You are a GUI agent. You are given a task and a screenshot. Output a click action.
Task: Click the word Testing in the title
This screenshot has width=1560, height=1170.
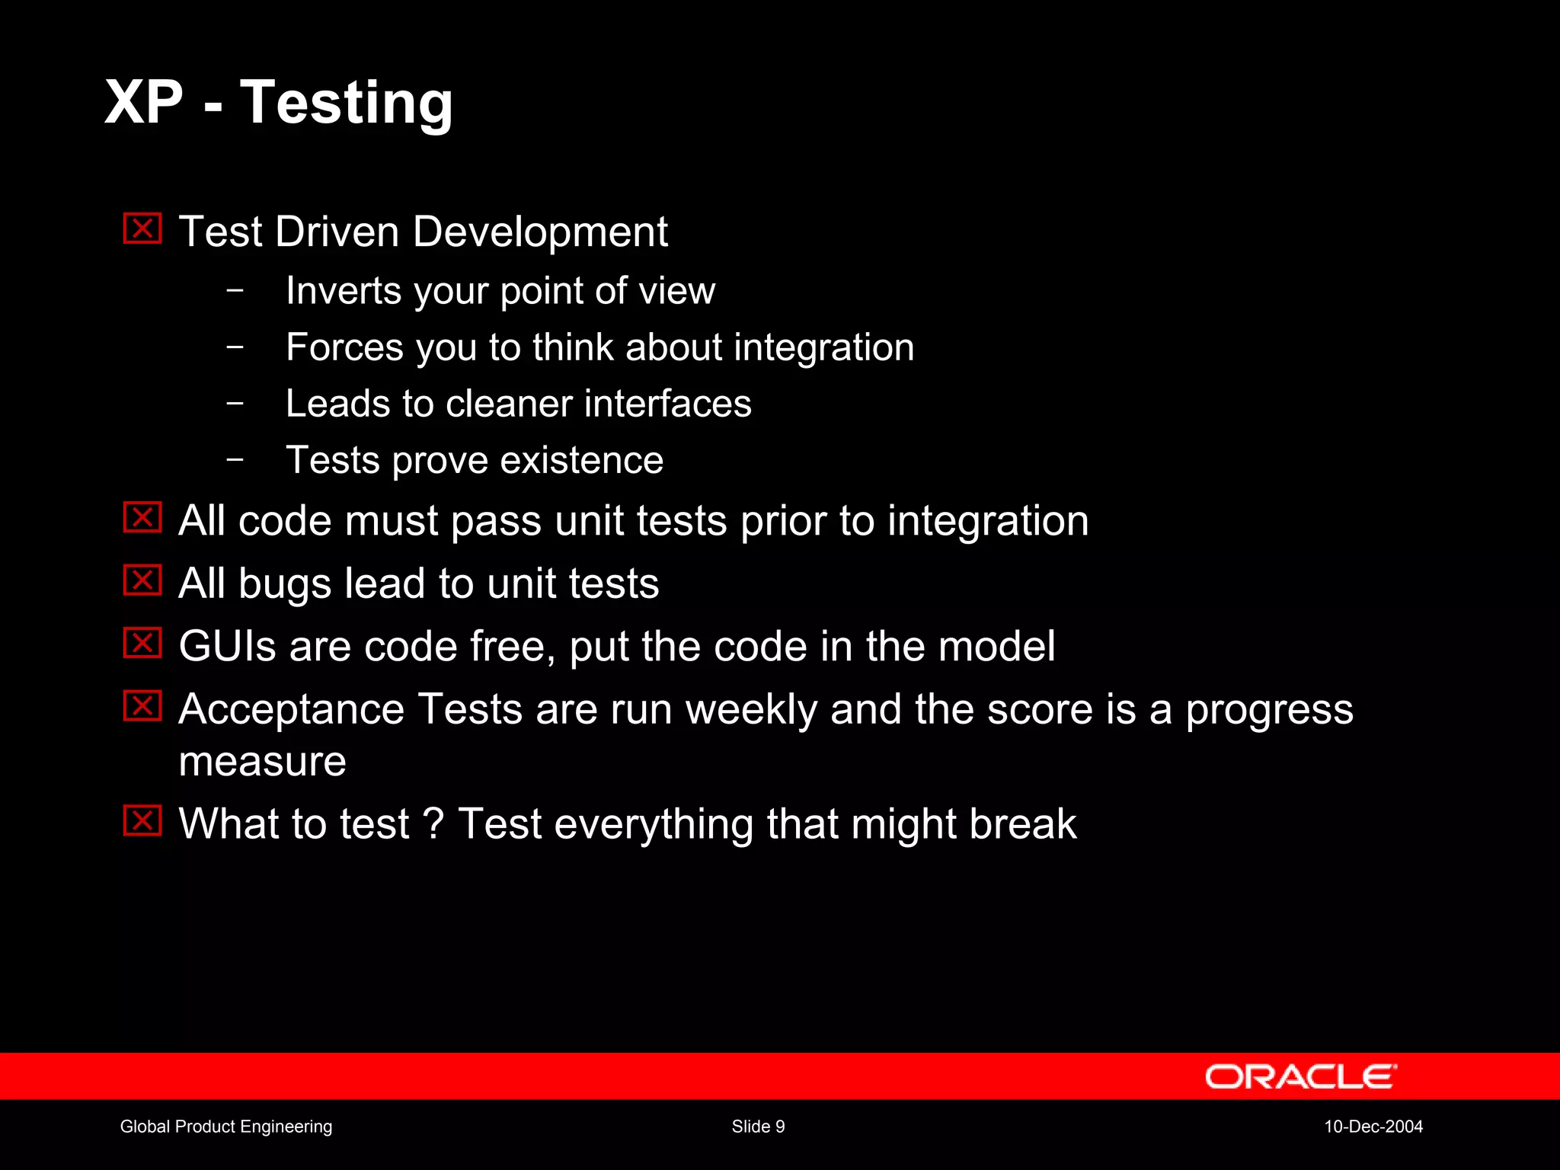coord(347,103)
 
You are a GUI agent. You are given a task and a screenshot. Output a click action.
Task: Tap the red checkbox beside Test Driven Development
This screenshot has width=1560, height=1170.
coord(142,229)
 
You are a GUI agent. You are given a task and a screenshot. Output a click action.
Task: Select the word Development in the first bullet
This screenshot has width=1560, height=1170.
coord(540,232)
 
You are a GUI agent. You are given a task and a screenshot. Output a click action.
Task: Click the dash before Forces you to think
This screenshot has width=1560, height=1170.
coord(235,347)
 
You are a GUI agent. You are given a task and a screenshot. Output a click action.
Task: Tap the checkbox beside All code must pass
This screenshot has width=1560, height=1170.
coord(142,518)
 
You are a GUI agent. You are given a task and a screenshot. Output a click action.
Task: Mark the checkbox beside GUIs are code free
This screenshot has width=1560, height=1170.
coord(142,644)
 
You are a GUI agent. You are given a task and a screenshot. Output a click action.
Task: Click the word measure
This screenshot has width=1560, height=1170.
coord(262,761)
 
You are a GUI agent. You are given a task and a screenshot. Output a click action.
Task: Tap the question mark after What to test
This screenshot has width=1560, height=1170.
coord(433,823)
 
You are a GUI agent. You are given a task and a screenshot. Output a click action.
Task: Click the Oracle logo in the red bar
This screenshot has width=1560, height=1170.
coord(1300,1076)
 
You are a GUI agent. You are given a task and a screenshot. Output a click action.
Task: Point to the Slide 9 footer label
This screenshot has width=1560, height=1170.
coord(758,1127)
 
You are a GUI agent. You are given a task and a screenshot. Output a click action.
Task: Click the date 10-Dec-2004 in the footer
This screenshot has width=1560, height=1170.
coord(1373,1127)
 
